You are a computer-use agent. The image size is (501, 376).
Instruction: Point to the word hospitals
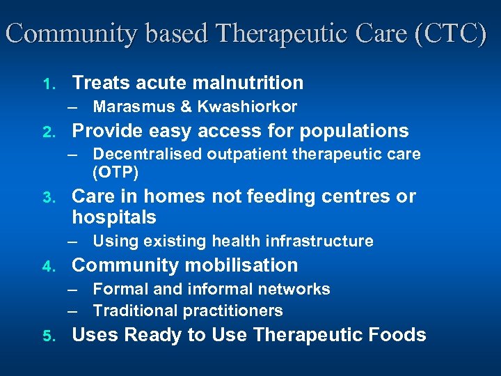114,217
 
